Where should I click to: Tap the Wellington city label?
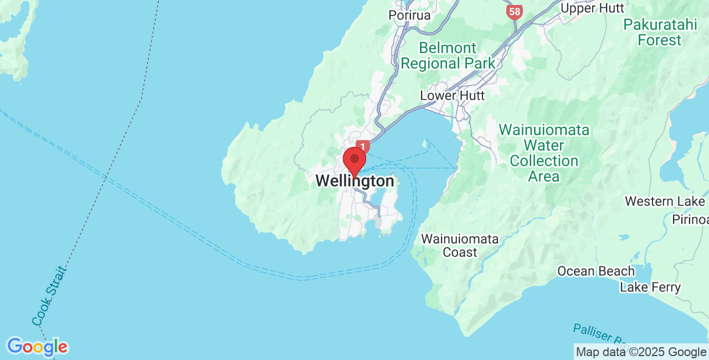pyautogui.click(x=354, y=181)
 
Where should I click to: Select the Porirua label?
pyautogui.click(x=409, y=15)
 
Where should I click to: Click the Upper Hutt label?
pyautogui.click(x=592, y=8)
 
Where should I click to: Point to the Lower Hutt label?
pyautogui.click(x=452, y=95)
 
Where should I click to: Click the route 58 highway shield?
pyautogui.click(x=515, y=12)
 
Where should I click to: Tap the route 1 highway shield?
pyautogui.click(x=363, y=147)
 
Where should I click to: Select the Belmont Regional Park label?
pyautogui.click(x=448, y=55)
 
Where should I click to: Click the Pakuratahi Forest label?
pyautogui.click(x=659, y=32)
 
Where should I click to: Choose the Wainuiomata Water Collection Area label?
pyautogui.click(x=544, y=153)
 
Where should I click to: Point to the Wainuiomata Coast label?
pyautogui.click(x=460, y=245)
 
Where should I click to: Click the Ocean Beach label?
pyautogui.click(x=595, y=271)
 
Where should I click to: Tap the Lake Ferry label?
pyautogui.click(x=650, y=287)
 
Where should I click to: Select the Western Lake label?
pyautogui.click(x=665, y=201)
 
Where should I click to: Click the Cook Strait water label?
pyautogui.click(x=49, y=297)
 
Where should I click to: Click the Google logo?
pyautogui.click(x=37, y=347)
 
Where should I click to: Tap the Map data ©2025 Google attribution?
pyautogui.click(x=641, y=352)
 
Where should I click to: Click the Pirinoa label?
pyautogui.click(x=690, y=219)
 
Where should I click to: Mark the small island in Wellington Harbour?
pyautogui.click(x=425, y=145)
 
